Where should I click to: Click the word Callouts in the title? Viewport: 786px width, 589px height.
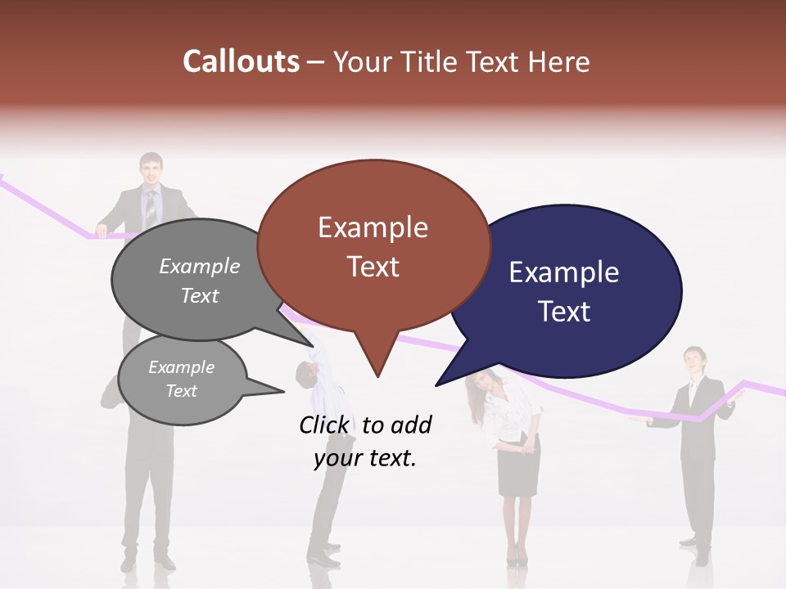pyautogui.click(x=241, y=61)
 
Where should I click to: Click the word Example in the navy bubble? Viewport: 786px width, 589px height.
pyautogui.click(x=564, y=272)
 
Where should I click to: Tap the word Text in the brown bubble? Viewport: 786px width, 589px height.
pyautogui.click(x=373, y=267)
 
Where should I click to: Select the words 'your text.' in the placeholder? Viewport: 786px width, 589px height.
pyautogui.click(x=365, y=459)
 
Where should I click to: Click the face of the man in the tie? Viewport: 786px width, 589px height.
pyautogui.click(x=151, y=172)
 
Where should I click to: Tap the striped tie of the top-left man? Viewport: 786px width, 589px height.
pyautogui.click(x=151, y=209)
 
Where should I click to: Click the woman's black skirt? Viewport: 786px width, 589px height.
pyautogui.click(x=519, y=470)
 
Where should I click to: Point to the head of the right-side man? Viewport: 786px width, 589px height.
pyautogui.click(x=694, y=360)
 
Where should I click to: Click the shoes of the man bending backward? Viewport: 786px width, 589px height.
pyautogui.click(x=323, y=546)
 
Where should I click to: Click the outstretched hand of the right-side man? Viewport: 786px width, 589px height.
pyautogui.click(x=637, y=420)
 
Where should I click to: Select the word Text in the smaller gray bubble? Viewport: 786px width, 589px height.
pyautogui.click(x=182, y=391)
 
